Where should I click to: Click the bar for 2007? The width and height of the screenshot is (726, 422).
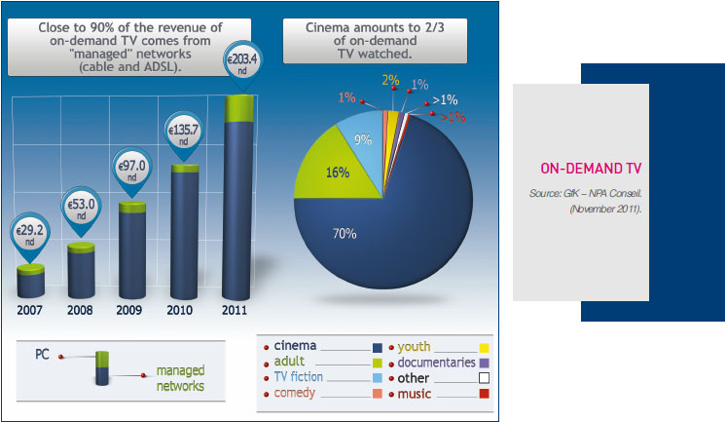pyautogui.click(x=30, y=281)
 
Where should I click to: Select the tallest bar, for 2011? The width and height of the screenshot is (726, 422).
pyautogui.click(x=238, y=198)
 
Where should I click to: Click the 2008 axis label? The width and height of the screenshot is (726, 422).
pyautogui.click(x=80, y=310)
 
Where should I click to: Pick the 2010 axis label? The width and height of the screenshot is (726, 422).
pyautogui.click(x=180, y=310)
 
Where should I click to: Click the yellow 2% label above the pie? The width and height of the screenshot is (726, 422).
pyautogui.click(x=391, y=80)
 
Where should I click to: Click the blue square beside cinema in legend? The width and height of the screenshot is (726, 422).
pyautogui.click(x=378, y=348)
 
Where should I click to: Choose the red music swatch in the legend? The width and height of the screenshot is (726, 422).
pyautogui.click(x=484, y=394)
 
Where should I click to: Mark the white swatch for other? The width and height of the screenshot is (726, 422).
pyautogui.click(x=484, y=378)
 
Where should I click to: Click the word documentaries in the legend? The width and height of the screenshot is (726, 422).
pyautogui.click(x=437, y=363)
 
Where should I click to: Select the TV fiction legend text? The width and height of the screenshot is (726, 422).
pyautogui.click(x=298, y=376)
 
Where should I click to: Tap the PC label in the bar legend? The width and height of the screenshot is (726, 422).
pyautogui.click(x=42, y=355)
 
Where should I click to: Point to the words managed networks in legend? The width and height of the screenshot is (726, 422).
pyautogui.click(x=180, y=378)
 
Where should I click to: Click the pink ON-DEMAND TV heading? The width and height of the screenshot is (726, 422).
pyautogui.click(x=591, y=169)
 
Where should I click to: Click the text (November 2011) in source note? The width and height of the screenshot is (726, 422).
pyautogui.click(x=605, y=210)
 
